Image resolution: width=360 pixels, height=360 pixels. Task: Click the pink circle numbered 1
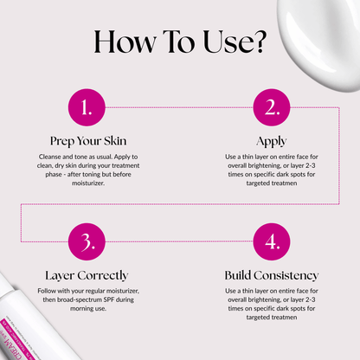[x=87, y=107]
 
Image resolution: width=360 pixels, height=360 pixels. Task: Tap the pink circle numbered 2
[x=272, y=107]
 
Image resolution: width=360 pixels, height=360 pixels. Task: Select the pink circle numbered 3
[x=87, y=241]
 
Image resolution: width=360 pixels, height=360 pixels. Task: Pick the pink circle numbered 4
[x=272, y=241]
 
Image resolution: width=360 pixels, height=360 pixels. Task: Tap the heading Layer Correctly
[x=87, y=274]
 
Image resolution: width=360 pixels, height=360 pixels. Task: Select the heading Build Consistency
[x=272, y=274]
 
